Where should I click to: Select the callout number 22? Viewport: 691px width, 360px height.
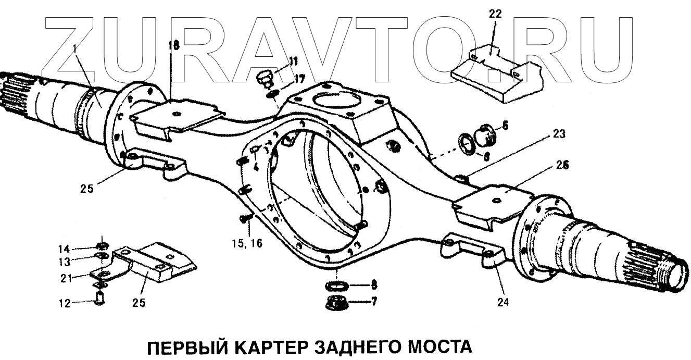pos(494,14)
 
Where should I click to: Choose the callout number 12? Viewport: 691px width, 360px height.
pos(64,302)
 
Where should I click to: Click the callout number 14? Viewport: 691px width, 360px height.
pos(64,248)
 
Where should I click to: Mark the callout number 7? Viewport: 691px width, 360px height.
pos(374,302)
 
